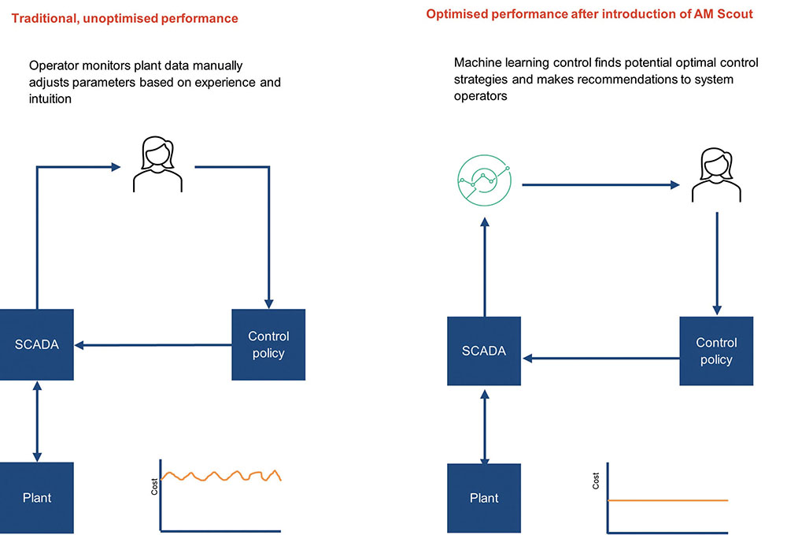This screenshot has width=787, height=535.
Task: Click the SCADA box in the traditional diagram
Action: tap(36, 344)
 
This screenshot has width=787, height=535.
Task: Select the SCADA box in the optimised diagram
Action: tap(484, 351)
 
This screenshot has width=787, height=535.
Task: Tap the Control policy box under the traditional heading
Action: tap(268, 344)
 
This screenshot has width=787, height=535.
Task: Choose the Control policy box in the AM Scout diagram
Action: tap(716, 351)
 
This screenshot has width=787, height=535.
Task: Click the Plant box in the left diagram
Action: tap(36, 497)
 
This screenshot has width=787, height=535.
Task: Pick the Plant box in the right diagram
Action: tap(484, 498)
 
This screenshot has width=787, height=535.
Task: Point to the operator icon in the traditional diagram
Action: tap(157, 165)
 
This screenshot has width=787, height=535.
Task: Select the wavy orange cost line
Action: tap(220, 476)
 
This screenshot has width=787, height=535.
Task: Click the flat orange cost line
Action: tap(669, 500)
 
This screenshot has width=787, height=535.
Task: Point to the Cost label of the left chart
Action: tap(154, 487)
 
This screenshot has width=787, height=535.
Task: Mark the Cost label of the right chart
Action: tap(596, 481)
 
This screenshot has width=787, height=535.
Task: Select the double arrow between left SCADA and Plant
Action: tap(36, 421)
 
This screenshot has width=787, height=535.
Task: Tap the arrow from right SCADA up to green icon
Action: tap(484, 268)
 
